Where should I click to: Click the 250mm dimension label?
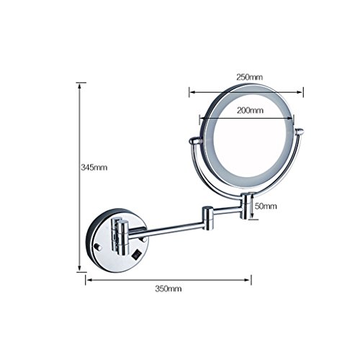[250, 77]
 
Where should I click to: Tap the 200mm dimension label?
[250, 110]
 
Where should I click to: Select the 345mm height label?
[94, 167]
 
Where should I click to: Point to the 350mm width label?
[168, 289]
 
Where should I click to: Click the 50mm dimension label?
[266, 206]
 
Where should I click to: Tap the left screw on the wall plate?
[98, 247]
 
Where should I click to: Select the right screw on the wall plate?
[143, 239]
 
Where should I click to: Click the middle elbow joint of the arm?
[207, 217]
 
